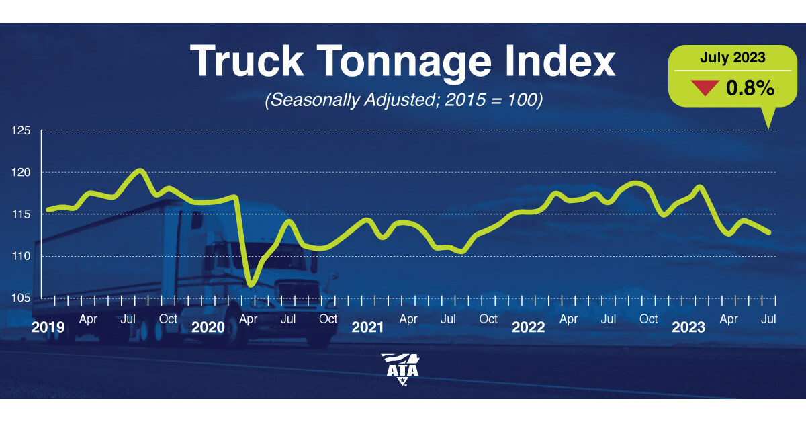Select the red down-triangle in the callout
(x=705, y=88)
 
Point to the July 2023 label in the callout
(x=732, y=58)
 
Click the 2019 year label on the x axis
(x=48, y=327)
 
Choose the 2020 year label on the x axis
(x=208, y=327)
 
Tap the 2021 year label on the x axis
(x=368, y=327)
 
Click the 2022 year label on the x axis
(x=529, y=327)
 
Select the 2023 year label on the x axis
(x=688, y=327)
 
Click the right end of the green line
(x=769, y=233)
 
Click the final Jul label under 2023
(x=769, y=319)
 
